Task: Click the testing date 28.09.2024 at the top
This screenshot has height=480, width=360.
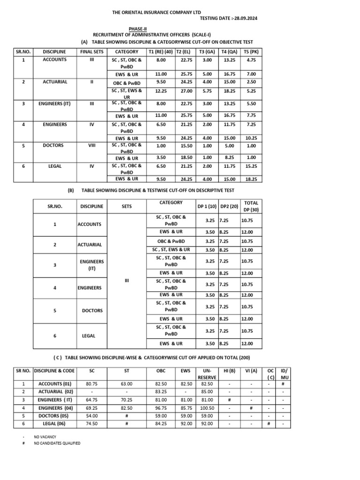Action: click(x=229, y=18)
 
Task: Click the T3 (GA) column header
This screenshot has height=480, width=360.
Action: click(x=207, y=52)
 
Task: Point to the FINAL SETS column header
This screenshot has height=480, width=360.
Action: click(x=92, y=52)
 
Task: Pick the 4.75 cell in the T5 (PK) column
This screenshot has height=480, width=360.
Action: click(x=251, y=60)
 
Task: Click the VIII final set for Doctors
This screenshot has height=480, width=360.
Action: click(x=92, y=145)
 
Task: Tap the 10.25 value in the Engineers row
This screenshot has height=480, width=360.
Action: click(x=251, y=138)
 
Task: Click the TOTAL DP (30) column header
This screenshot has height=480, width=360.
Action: click(x=251, y=206)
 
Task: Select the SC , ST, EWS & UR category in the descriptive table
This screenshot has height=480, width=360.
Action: click(x=171, y=250)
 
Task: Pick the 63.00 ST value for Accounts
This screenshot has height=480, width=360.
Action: click(x=127, y=383)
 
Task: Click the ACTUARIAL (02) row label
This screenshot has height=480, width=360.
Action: click(x=56, y=391)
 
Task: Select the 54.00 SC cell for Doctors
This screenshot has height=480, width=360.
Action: click(x=91, y=416)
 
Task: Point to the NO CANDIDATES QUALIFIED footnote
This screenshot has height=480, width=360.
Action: click(x=57, y=443)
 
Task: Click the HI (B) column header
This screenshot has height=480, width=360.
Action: click(x=229, y=370)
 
